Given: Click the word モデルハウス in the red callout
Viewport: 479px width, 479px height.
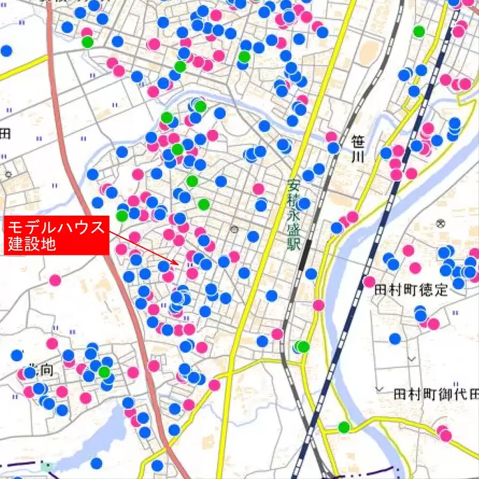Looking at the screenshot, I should point(57,227).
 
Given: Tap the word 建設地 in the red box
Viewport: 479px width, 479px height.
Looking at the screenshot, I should point(31,244).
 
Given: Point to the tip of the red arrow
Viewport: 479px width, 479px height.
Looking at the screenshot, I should point(179,265).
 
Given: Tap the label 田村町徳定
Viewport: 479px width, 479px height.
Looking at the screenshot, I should point(411,290).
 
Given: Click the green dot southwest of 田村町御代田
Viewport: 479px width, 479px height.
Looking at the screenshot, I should point(344,427).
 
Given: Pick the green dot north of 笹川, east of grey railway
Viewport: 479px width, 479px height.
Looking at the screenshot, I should point(418,31).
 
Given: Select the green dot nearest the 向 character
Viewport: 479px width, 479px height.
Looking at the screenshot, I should point(104,371).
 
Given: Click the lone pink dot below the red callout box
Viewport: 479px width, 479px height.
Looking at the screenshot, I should point(55,280).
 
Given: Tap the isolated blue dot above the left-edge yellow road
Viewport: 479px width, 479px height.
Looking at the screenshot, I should point(6,51).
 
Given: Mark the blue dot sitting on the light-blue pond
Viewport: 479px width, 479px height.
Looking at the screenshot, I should point(96,462).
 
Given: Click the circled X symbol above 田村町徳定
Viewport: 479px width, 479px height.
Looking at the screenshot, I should point(440,223).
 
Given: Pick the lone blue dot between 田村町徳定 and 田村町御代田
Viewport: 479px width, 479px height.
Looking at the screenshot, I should point(395,339).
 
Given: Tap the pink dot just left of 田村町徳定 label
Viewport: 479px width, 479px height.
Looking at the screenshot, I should point(369,281).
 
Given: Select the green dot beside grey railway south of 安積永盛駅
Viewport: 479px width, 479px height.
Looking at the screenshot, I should point(303,346).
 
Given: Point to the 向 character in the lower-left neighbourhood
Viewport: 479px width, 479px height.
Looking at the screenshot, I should point(47,371).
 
